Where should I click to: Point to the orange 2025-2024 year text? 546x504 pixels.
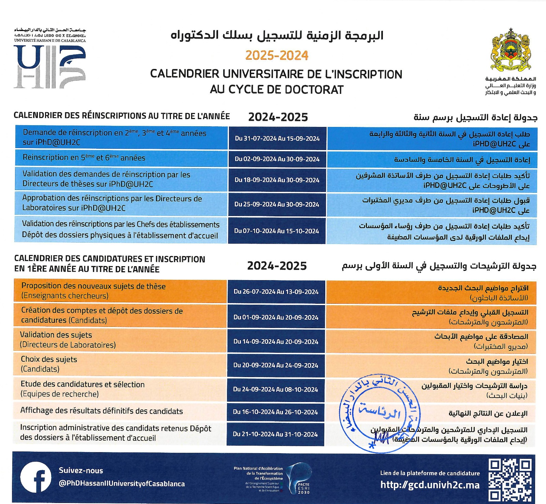coord(277,55)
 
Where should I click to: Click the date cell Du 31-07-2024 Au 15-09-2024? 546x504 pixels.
coord(277,139)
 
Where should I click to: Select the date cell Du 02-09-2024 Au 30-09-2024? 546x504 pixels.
coord(277,159)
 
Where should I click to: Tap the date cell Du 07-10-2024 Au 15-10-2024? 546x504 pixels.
coord(276,231)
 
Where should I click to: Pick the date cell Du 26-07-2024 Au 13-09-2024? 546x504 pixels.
coord(276,292)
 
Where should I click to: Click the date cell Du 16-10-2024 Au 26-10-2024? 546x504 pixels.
coord(275,412)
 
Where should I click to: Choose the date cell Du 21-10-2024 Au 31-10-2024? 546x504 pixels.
coord(275,434)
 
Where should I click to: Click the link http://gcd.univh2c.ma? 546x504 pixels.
coord(430,485)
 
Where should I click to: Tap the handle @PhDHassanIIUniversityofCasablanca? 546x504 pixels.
coord(122,484)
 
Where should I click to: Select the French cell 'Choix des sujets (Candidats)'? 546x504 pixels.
coord(49,364)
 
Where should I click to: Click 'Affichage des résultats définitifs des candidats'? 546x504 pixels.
coord(102,411)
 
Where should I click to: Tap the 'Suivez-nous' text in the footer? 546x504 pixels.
coord(81,470)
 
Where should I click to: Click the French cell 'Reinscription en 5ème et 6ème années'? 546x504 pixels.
coord(84,158)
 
